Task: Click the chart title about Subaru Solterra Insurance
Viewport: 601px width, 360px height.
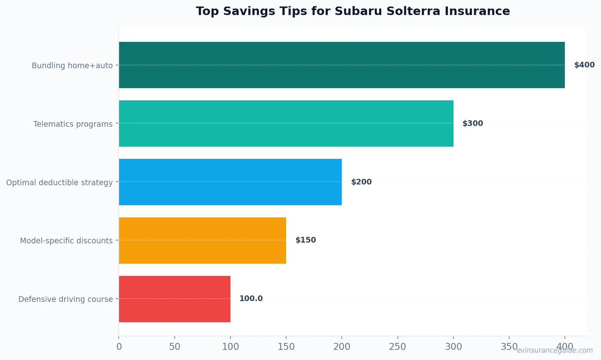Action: tap(353, 11)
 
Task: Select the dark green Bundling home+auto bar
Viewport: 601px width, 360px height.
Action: tap(341, 65)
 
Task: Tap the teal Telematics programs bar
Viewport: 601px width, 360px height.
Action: tap(286, 124)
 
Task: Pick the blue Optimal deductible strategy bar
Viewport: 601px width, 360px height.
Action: tap(230, 182)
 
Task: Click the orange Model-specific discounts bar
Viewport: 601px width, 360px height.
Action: tap(202, 241)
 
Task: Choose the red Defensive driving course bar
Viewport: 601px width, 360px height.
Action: tap(174, 299)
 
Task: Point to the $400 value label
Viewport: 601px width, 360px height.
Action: tap(584, 65)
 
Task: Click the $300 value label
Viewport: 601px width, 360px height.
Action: tap(473, 124)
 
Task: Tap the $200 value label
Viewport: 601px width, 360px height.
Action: tap(361, 182)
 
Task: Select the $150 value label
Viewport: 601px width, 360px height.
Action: tap(306, 240)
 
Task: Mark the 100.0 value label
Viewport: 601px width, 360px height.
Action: tap(251, 299)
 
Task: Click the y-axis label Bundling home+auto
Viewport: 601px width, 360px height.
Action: tap(72, 65)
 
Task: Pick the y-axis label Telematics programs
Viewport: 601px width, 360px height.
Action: tap(73, 124)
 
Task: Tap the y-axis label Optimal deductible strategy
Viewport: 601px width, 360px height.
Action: tap(59, 182)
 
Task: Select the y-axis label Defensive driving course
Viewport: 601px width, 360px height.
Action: tap(65, 299)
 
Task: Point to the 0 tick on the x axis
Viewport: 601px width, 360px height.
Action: tap(119, 347)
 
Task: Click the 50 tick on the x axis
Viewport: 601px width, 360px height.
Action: tap(175, 347)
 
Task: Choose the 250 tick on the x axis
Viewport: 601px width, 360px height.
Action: tap(397, 347)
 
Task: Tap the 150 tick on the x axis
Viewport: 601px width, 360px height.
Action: tap(286, 347)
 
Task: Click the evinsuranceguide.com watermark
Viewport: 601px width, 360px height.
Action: tap(554, 350)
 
